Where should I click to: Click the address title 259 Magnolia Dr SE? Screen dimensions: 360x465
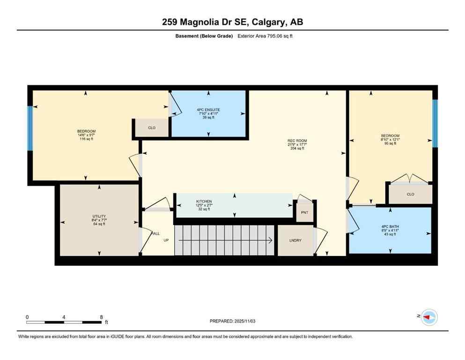(232, 22)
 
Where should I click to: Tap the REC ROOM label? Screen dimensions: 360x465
(297, 141)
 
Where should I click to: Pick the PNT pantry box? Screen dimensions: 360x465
(305, 212)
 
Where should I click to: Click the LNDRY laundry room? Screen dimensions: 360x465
(295, 240)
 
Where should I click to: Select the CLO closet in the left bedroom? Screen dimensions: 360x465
(152, 127)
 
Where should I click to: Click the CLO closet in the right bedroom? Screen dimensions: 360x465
(410, 194)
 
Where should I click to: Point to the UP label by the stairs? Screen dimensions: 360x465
(166, 240)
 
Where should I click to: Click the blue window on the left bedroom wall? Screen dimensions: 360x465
(30, 128)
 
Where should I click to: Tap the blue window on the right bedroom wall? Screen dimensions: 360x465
(435, 123)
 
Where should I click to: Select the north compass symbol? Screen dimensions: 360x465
(428, 317)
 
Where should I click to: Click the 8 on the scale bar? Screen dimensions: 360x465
(101, 317)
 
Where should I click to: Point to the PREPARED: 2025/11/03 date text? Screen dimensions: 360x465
(232, 321)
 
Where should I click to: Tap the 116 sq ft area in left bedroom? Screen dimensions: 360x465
(87, 139)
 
